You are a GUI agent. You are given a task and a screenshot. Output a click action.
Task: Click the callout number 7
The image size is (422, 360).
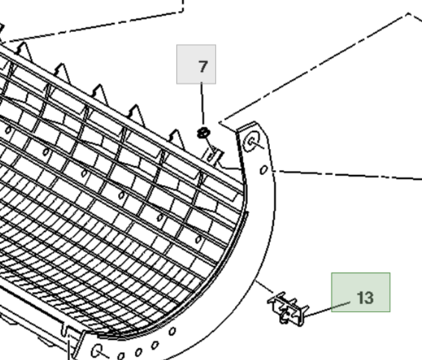[x=203, y=66]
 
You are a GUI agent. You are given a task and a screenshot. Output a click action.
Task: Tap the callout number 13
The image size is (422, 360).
[x=365, y=298]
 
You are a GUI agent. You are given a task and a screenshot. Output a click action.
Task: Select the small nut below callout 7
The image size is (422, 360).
[x=203, y=133]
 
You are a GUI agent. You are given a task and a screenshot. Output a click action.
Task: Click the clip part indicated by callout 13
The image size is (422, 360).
[x=288, y=309]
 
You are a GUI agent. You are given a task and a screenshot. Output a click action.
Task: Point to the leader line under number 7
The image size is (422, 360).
[x=202, y=104]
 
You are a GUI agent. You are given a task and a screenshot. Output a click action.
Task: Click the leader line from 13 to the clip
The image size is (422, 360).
[x=327, y=309]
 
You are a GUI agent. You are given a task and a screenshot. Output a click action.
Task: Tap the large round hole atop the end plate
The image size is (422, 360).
[x=252, y=141]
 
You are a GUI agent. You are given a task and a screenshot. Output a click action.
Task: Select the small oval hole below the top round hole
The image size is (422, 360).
[x=263, y=170]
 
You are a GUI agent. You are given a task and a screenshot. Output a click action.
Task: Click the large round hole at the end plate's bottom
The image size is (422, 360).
[x=97, y=351]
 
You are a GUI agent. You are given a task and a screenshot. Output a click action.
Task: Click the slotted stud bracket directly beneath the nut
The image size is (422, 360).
[x=214, y=157]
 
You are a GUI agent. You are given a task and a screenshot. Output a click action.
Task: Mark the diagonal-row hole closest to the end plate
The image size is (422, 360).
[x=199, y=239]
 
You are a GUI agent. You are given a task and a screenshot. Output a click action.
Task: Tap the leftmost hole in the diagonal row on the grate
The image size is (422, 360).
[x=8, y=130]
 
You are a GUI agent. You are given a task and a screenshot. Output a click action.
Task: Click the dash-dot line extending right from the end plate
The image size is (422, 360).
[x=347, y=175]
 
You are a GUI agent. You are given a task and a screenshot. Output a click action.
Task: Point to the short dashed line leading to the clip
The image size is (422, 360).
[x=264, y=287]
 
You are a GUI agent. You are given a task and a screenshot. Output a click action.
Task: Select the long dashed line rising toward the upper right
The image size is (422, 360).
[x=315, y=67]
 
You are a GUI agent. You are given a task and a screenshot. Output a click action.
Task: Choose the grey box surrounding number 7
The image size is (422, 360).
[x=196, y=64]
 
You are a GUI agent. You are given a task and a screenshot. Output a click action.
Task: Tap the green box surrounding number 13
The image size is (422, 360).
[x=361, y=292]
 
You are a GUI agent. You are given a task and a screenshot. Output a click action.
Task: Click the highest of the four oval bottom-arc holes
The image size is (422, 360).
[x=172, y=331]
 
